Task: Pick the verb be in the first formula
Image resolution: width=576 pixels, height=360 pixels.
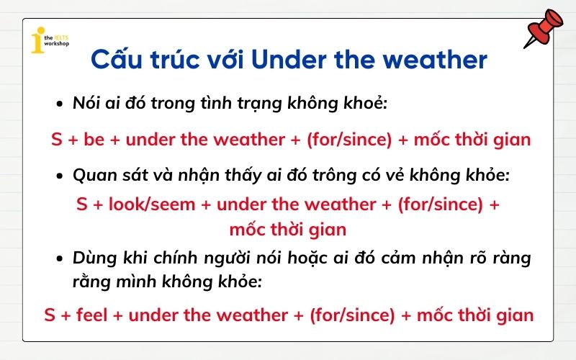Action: pos(94,139)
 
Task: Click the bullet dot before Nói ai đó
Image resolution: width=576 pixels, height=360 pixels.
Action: pos(60,104)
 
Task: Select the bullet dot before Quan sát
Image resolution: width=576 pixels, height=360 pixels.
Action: pos(60,176)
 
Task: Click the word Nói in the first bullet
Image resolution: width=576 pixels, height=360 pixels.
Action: pos(86,104)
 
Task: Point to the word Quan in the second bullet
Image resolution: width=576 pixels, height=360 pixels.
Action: pos(92,176)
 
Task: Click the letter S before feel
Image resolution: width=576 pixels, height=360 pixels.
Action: pos(50,315)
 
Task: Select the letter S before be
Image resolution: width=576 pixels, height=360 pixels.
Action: pos(56,139)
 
